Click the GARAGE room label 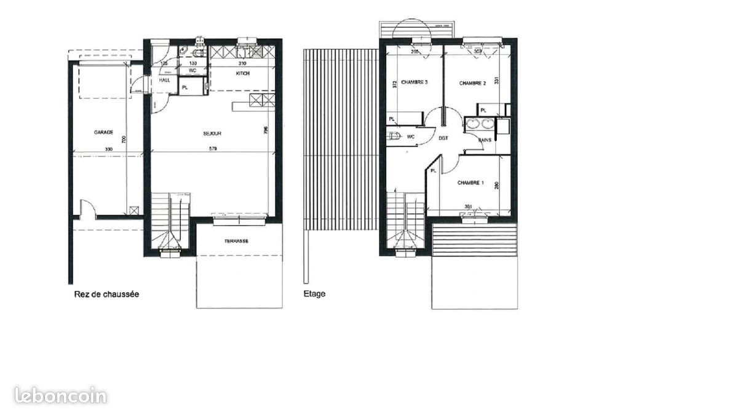coord(103,132)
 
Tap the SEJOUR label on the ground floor coord(212,133)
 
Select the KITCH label coord(243,74)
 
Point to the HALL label coord(165,80)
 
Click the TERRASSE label coord(237,241)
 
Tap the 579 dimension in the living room coord(213,149)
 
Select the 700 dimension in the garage coord(123,141)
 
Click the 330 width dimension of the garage coord(108,149)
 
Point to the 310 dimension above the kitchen coord(242,63)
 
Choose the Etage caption coord(314,294)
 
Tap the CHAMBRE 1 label coord(470,183)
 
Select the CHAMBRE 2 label coord(472,83)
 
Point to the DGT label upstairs coord(443,138)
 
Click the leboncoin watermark coord(60,395)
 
